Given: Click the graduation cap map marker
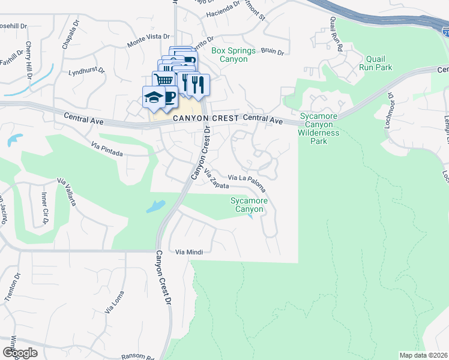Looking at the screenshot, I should pos(154,97).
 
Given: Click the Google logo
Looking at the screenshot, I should pos(20,353).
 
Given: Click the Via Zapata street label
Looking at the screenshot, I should pos(216,178).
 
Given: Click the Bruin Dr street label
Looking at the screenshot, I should pos(272,52).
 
